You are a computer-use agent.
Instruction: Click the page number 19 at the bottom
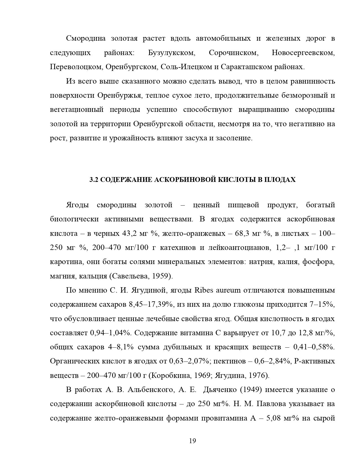tap(193, 441)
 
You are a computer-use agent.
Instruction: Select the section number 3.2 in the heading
tap(93, 180)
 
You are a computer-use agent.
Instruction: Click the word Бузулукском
tap(171, 53)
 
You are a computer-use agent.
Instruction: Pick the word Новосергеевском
tap(303, 53)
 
